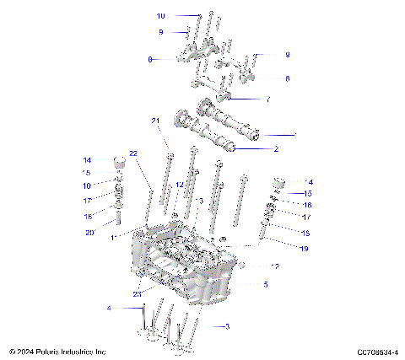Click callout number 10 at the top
click(x=161, y=16)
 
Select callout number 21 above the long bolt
click(x=156, y=121)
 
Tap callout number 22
click(x=133, y=153)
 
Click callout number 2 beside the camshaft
click(x=275, y=149)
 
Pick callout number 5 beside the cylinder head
click(x=267, y=285)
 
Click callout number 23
click(x=137, y=293)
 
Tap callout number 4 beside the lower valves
click(x=108, y=309)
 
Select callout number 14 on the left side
click(x=87, y=160)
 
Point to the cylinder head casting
click(x=186, y=266)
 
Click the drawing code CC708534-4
click(x=376, y=351)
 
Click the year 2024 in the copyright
click(x=24, y=351)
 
